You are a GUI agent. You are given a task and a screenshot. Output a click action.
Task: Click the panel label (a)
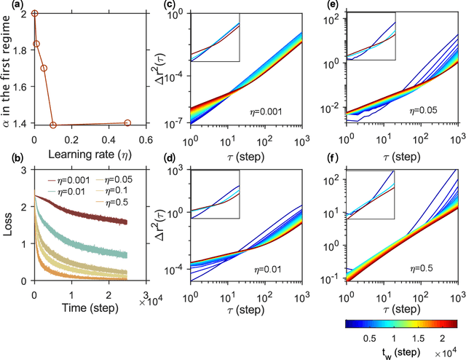click(9, 7)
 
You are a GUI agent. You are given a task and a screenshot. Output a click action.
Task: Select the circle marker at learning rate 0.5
click(127, 123)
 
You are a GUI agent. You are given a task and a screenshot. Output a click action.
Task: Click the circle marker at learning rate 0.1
click(53, 125)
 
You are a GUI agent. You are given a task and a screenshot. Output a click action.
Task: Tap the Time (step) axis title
click(71, 307)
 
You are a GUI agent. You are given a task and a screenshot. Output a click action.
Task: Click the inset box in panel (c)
click(215, 36)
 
